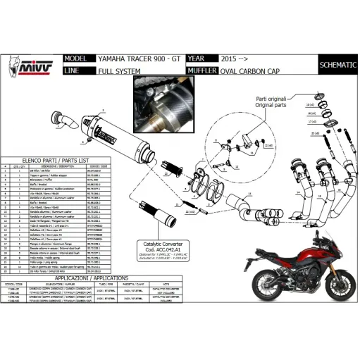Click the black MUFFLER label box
click(x=199, y=71)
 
